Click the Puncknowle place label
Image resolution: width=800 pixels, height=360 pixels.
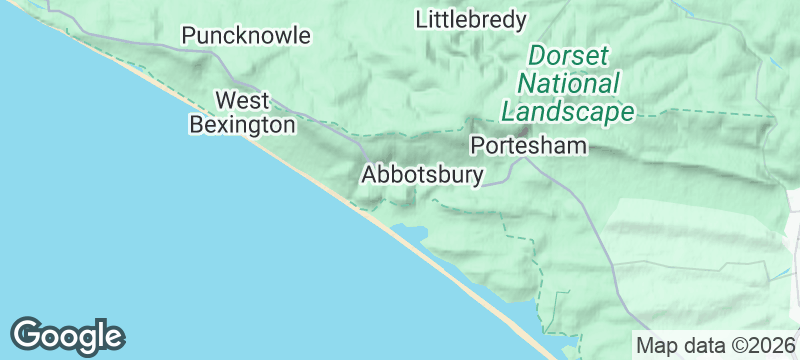(x=246, y=36)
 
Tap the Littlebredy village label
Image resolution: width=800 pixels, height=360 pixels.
(x=471, y=19)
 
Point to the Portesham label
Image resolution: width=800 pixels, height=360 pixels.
(x=528, y=146)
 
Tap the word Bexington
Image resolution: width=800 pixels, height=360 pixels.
(x=243, y=124)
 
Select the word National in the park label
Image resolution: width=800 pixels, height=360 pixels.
(x=569, y=83)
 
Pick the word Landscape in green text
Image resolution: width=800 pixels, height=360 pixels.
(x=569, y=111)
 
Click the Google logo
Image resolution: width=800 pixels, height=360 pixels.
(x=68, y=336)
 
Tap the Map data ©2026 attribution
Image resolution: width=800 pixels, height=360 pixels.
(x=715, y=346)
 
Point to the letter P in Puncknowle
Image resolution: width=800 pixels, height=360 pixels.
(x=188, y=36)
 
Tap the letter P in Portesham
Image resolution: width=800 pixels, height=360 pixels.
(x=477, y=146)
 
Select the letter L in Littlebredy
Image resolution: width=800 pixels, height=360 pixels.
(x=421, y=19)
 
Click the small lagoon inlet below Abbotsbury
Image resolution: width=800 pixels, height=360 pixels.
(x=410, y=234)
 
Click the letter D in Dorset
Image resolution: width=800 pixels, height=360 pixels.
(x=538, y=55)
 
